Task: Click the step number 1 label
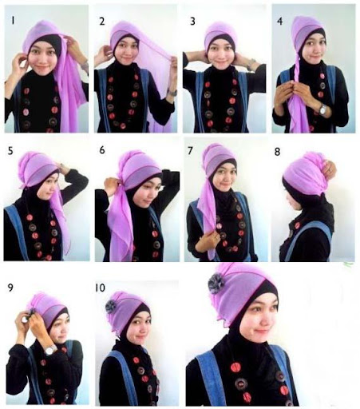click(x=13, y=21)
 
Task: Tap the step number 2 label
click(x=102, y=22)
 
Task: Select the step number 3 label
click(x=192, y=22)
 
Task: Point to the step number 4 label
click(x=279, y=22)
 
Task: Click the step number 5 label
click(x=10, y=151)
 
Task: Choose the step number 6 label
click(x=102, y=150)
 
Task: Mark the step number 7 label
click(x=190, y=151)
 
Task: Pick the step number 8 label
click(x=277, y=152)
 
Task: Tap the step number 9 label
click(x=10, y=288)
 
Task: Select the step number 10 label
click(x=101, y=288)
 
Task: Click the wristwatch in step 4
click(x=323, y=109)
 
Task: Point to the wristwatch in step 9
click(x=51, y=350)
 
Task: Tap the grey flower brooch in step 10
click(x=111, y=307)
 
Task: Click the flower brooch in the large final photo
click(x=216, y=284)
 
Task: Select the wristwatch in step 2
click(x=172, y=93)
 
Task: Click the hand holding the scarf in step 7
click(x=209, y=239)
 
